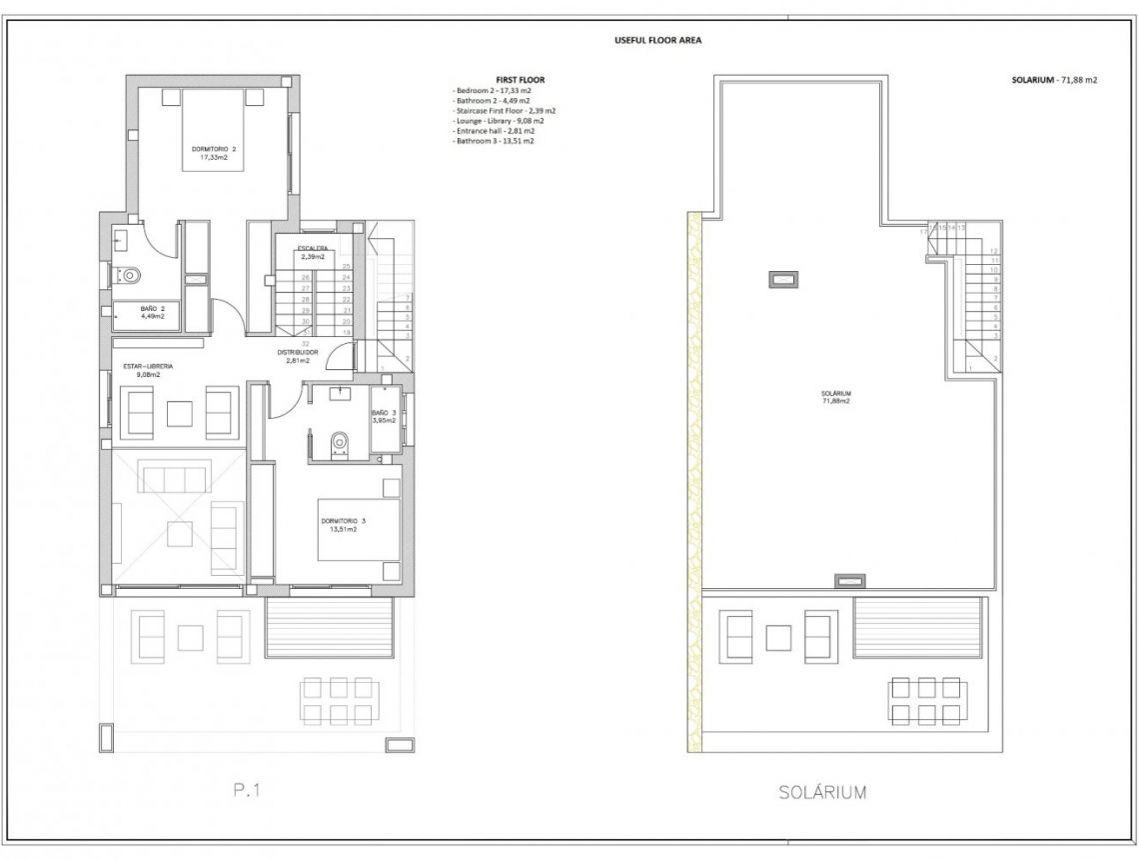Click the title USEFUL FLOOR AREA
[x=663, y=41]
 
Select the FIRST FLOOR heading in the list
[x=520, y=79]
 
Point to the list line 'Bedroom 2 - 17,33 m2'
[x=492, y=90]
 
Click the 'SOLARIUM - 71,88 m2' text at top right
[x=1054, y=79]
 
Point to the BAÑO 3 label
[x=384, y=414]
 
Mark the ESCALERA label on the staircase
[x=312, y=249]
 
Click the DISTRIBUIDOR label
[x=298, y=353]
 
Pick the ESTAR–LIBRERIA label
[x=149, y=368]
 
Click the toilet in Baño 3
[x=339, y=441]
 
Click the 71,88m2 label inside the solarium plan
[x=836, y=401]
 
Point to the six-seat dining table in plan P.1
[x=335, y=699]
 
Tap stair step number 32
[x=304, y=342]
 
